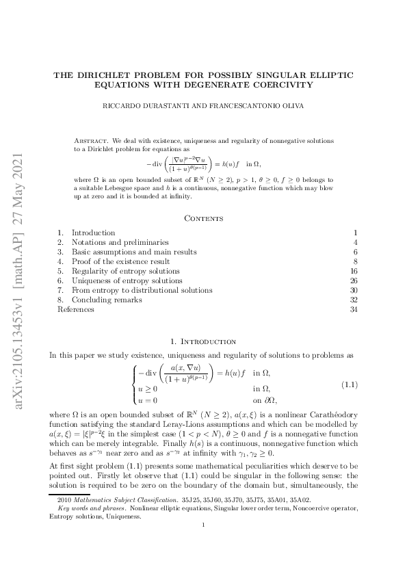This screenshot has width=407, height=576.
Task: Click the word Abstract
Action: [x=90, y=140]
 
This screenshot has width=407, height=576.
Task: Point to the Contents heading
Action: [x=203, y=218]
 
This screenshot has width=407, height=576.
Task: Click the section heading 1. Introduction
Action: [x=203, y=341]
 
